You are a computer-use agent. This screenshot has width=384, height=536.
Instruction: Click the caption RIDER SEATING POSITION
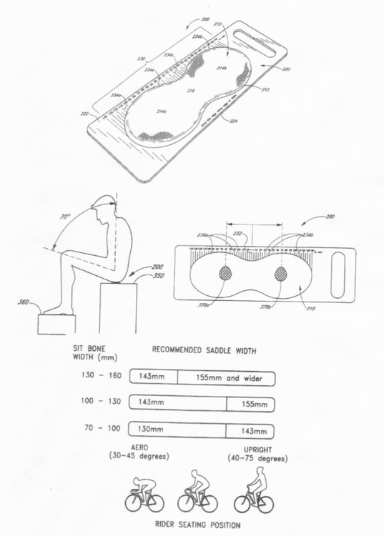200,525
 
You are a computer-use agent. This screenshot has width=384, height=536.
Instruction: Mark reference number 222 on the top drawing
85,114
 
